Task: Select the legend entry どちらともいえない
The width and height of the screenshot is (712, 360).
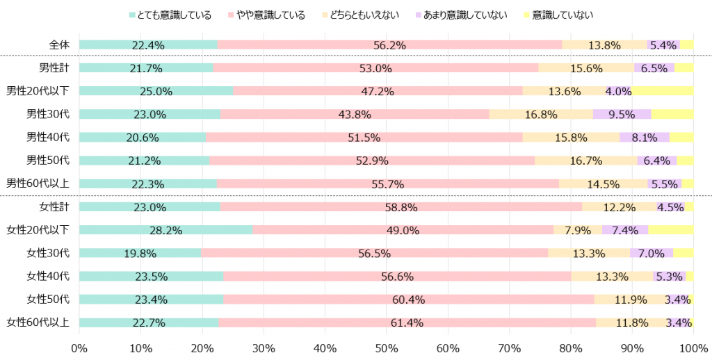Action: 363,15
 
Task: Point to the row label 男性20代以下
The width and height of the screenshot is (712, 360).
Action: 39,91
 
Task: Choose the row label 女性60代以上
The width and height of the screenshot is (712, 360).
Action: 39,322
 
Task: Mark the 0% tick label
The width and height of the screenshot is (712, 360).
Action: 79,347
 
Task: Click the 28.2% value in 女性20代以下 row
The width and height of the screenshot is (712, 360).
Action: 165,230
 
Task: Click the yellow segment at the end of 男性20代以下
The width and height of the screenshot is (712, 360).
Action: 662,91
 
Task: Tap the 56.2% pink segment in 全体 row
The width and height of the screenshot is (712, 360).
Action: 389,45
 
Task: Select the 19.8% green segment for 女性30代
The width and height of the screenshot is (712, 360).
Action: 140,253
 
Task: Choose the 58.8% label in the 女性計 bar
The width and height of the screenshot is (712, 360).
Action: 401,207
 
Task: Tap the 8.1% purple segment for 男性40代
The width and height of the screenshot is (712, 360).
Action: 645,138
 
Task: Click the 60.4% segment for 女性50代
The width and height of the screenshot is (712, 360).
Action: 409,300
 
